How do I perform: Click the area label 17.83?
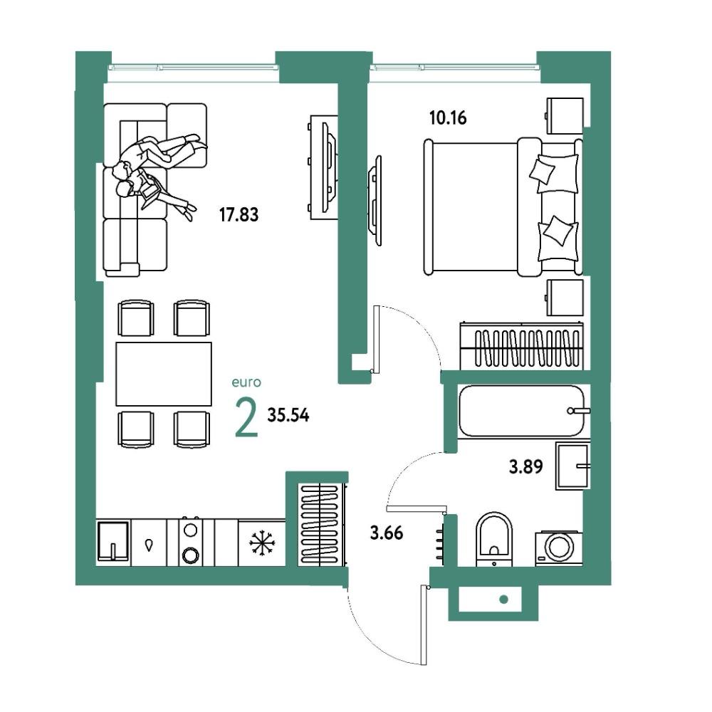tap(239, 214)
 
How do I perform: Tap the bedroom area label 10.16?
tap(448, 118)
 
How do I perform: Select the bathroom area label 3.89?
tap(526, 466)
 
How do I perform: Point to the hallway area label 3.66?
tap(387, 533)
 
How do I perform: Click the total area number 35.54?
tap(288, 415)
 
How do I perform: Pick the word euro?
tap(246, 382)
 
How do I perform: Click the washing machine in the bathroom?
tap(558, 548)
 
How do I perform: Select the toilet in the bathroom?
tap(494, 540)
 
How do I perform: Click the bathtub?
tap(521, 411)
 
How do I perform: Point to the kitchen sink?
tap(113, 542)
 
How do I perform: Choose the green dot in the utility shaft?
tap(503, 600)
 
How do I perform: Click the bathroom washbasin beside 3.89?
tap(573, 466)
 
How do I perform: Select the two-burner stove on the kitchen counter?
tap(190, 542)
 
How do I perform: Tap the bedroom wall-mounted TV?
tap(375, 201)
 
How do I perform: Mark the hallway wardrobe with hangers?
tap(322, 525)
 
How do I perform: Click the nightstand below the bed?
tap(565, 298)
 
